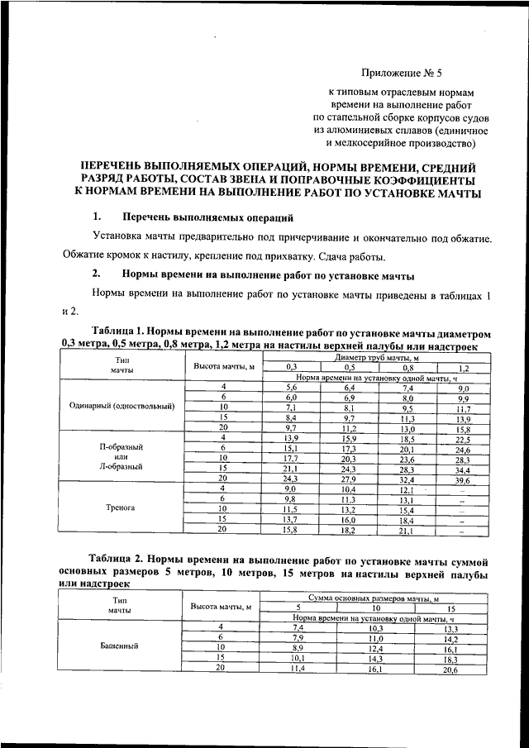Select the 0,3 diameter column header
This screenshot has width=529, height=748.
[291, 367]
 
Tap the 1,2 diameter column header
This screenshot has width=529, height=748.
[463, 367]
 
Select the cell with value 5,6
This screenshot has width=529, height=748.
[291, 387]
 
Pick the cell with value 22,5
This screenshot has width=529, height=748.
[463, 439]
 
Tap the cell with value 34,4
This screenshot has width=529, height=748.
[463, 469]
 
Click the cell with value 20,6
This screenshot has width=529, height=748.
[450, 669]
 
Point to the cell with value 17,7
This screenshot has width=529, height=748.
[291, 459]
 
